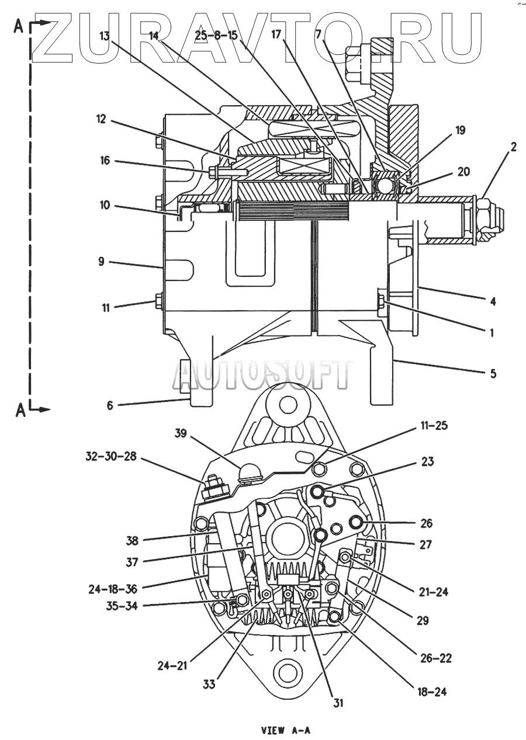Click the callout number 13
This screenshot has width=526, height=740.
(105, 36)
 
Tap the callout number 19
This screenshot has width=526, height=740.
(460, 130)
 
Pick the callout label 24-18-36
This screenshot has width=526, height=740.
(113, 589)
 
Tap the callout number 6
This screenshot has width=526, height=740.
(110, 405)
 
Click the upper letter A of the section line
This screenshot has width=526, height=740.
(19, 28)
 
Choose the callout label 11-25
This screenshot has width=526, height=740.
(435, 425)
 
